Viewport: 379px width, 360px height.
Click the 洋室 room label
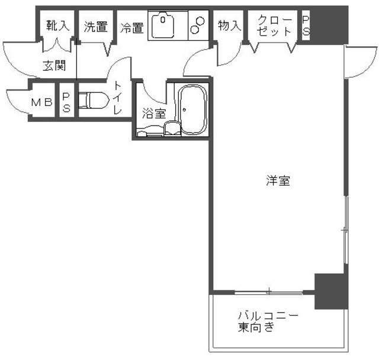277,181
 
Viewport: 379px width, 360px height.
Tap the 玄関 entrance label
54,66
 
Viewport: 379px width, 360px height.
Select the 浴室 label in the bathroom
154,112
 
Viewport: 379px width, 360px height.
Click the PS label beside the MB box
67,102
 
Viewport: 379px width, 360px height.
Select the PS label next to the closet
306,26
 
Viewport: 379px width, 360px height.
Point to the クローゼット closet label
275,25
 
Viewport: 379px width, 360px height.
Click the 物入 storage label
230,25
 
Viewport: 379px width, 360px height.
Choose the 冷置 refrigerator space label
132,27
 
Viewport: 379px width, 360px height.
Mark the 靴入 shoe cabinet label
58,26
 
